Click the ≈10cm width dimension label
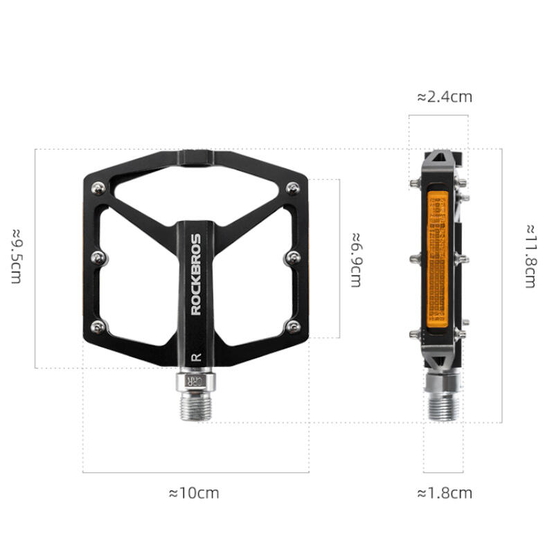point(194,493)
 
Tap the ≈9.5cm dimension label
point(17,256)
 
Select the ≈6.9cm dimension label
point(356,260)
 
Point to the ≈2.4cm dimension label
point(445,97)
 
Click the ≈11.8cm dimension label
point(531,256)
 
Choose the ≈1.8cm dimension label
point(445,493)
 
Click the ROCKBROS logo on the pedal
point(196,274)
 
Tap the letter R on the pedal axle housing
point(196,357)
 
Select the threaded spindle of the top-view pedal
point(196,406)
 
